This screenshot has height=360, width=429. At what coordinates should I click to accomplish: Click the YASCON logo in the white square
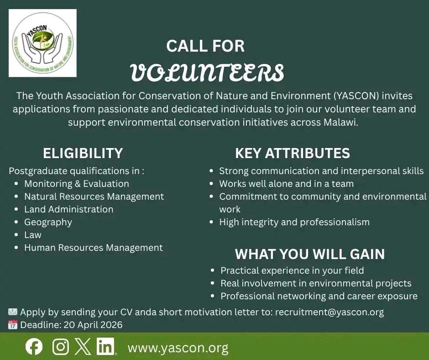coord(43,43)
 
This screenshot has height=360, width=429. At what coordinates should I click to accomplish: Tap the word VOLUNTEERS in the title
coord(207,73)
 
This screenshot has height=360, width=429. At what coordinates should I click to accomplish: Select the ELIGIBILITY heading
coord(83,153)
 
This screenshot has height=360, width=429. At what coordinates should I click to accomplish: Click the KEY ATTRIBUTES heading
coord(293,153)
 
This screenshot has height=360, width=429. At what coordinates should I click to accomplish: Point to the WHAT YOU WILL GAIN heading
coord(310,254)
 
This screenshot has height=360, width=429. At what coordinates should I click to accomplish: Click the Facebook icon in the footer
coord(34,347)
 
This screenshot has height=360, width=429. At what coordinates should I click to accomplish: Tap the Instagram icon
coord(60,347)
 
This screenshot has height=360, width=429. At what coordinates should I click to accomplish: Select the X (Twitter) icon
coord(83,347)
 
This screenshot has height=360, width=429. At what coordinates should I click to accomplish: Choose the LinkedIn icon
coord(105,347)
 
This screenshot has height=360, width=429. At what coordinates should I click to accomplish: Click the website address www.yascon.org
coord(178,348)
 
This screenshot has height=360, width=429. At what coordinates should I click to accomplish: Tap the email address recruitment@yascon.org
coord(330,312)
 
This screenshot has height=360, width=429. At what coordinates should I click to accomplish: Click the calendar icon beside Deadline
coord(13,325)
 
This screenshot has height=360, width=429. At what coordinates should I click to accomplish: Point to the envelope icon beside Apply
coord(13,312)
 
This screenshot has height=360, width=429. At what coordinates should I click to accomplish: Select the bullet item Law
coord(33,235)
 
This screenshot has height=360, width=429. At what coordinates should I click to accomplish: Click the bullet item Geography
coord(48,222)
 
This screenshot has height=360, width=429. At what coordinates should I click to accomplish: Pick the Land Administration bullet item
coord(68,209)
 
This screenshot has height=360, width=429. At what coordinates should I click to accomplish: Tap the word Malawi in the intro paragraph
coord(340,122)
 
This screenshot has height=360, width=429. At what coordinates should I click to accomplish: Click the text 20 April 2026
coord(93,325)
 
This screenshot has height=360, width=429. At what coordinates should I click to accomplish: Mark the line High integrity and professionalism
coord(294,222)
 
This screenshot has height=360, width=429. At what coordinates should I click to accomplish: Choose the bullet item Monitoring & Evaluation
coord(77,184)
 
